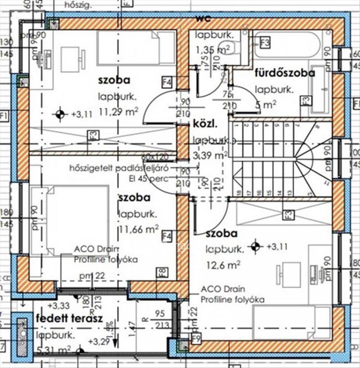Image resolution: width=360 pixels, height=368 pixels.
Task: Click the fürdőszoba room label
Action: pos(285,73)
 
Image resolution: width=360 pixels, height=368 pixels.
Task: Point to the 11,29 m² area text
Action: pos(118,112)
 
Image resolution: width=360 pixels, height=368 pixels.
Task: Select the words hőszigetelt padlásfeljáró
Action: pos(119,168)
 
